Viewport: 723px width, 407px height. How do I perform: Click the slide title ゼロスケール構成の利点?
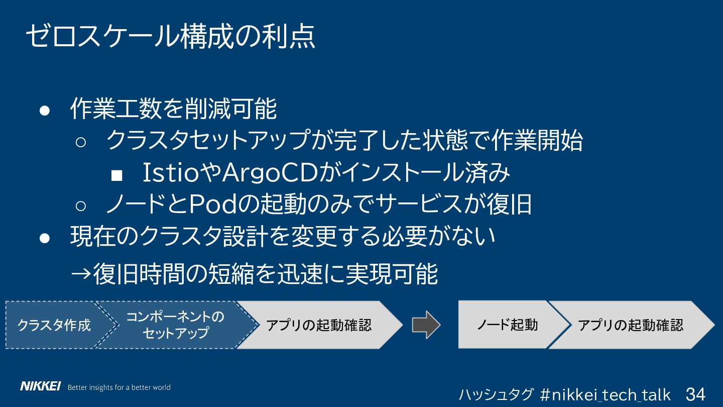[170, 36]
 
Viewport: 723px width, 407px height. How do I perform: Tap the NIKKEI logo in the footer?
[40, 386]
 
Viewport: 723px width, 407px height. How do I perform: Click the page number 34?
[695, 394]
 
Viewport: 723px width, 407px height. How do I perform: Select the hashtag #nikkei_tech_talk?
[605, 394]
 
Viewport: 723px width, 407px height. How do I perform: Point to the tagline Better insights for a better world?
[119, 387]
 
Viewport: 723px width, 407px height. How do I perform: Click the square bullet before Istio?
[116, 175]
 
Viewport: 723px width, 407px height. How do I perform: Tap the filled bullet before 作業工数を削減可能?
[45, 111]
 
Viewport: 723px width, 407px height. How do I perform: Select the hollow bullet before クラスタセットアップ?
[81, 142]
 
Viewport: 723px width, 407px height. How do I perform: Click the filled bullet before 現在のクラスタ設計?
[45, 238]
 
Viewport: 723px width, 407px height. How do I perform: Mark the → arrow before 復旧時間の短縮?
[81, 274]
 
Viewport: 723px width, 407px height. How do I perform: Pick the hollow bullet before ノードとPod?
[81, 206]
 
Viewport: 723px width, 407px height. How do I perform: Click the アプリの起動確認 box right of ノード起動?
[632, 325]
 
